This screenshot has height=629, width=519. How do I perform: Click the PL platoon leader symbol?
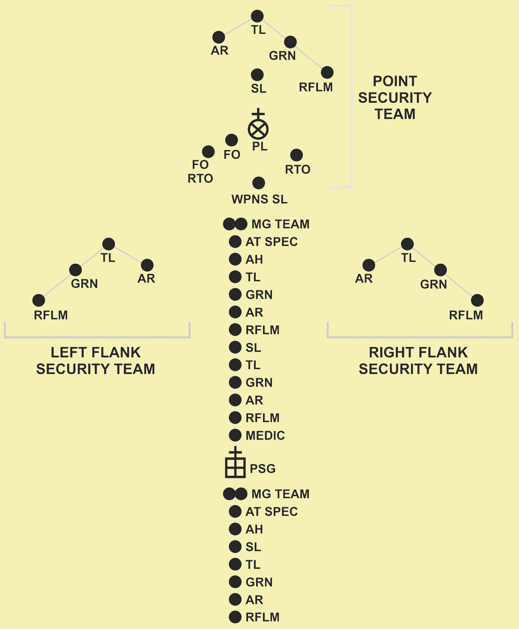click(x=258, y=129)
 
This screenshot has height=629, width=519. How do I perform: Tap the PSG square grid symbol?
click(x=235, y=467)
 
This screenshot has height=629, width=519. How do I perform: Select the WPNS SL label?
click(x=259, y=199)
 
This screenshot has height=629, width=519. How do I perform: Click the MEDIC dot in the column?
click(x=235, y=435)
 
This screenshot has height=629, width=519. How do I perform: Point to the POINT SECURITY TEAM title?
click(x=395, y=98)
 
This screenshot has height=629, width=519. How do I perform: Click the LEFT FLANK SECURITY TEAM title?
click(x=96, y=361)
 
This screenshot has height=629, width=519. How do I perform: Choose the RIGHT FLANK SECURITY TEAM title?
click(x=418, y=361)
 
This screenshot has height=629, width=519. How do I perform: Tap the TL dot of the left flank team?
click(x=109, y=244)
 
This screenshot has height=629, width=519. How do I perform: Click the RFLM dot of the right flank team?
click(x=477, y=300)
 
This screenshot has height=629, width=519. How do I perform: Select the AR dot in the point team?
click(x=219, y=37)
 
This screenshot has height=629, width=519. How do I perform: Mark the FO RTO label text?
click(x=200, y=172)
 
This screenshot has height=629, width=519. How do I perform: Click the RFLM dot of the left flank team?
click(x=39, y=300)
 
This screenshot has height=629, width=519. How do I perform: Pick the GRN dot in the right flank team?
click(x=440, y=270)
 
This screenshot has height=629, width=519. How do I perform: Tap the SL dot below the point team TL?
click(x=257, y=74)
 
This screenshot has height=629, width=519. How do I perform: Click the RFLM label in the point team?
click(x=316, y=87)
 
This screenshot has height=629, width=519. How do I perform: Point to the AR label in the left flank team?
click(x=146, y=279)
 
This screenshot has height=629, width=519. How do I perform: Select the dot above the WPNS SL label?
click(x=258, y=183)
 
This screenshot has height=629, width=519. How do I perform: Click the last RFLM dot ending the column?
click(x=235, y=617)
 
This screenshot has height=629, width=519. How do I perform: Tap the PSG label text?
click(x=263, y=468)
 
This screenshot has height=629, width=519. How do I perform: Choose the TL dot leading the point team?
click(x=257, y=16)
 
